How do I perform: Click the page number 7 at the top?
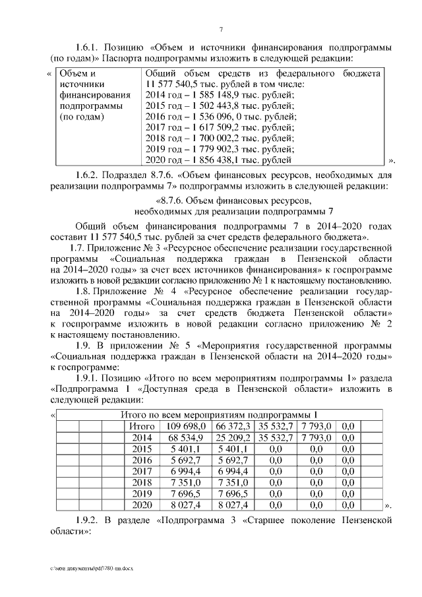point(222,29)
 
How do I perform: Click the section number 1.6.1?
point(90,48)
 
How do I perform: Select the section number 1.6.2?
point(90,176)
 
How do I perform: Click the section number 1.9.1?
point(90,377)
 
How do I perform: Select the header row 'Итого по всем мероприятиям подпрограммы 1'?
point(220,414)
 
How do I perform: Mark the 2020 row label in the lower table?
point(141,505)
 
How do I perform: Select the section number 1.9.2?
point(90,521)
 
